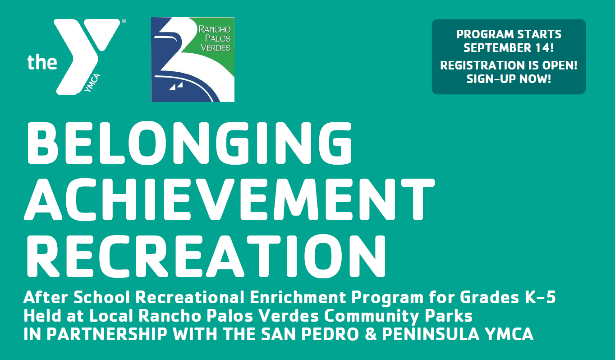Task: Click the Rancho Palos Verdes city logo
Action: tap(193, 60)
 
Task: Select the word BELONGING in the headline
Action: tap(189, 143)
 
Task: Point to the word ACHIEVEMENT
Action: tap(229, 199)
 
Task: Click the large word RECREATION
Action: tap(207, 256)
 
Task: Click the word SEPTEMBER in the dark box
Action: tap(497, 48)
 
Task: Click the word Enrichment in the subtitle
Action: tap(298, 297)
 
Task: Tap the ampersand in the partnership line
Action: tap(371, 334)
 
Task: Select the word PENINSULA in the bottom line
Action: tap(431, 334)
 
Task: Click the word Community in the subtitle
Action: tap(372, 316)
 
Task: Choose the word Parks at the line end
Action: tap(449, 316)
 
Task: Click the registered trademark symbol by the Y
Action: tap(124, 21)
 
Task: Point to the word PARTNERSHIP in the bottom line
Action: tap(107, 334)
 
